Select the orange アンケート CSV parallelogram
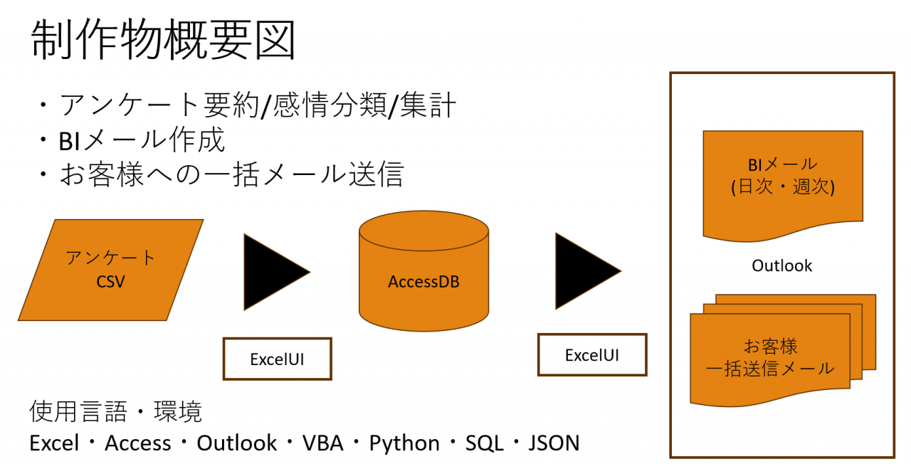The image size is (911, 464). point(110,270)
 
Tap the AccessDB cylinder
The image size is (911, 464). point(423,271)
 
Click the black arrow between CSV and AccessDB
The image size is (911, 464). point(277,272)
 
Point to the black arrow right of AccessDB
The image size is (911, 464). point(588,271)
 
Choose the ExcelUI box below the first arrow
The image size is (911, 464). point(278,359)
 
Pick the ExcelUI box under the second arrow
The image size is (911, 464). point(592,354)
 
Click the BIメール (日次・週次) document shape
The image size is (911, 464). point(783,186)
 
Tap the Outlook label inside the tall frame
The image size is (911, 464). point(781,265)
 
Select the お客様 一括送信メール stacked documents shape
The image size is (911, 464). point(783,351)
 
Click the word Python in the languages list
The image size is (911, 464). point(404,443)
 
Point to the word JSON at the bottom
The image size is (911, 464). point(554,443)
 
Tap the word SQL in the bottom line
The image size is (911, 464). point(485,443)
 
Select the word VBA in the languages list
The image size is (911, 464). point(323,443)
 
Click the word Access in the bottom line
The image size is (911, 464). point(138,443)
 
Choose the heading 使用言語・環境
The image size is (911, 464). point(116,411)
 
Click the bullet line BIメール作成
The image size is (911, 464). point(141,139)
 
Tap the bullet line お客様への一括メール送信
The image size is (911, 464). point(232,174)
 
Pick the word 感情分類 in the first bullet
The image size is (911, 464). point(330,105)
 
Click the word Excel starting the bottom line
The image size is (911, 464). point(54,443)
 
